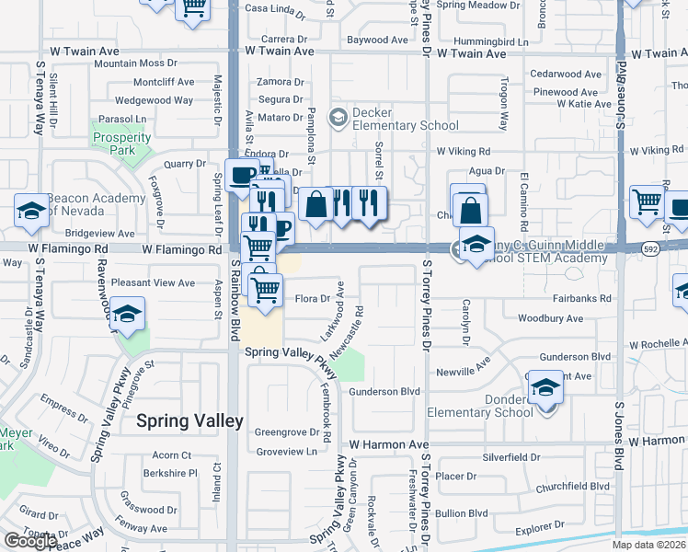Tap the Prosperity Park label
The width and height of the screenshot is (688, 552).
[121, 144]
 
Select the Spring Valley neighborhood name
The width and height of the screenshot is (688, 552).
[189, 421]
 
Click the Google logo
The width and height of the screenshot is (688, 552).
[30, 541]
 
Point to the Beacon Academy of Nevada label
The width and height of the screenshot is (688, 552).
[96, 203]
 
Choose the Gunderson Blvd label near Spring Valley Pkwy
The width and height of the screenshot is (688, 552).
[384, 392]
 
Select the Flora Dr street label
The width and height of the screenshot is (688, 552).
[312, 298]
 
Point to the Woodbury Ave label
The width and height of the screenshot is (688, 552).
[550, 318]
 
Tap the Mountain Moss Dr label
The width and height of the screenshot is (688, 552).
[135, 63]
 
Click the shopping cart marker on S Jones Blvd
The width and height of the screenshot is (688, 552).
[648, 200]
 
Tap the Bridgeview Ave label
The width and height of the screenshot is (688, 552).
[100, 235]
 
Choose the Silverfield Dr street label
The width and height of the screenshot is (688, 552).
[510, 457]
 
